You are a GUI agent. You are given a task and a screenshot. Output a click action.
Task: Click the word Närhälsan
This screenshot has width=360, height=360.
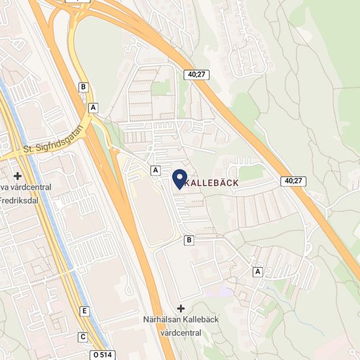(164, 320)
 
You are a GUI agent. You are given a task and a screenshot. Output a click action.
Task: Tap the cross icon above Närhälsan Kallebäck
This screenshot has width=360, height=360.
(181, 308)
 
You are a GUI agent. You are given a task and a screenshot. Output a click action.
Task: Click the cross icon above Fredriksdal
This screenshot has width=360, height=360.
(17, 176)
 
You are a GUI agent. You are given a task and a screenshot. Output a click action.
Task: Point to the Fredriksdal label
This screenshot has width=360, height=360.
(20, 200)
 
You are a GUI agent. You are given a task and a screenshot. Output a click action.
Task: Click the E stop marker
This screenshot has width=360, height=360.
(84, 310)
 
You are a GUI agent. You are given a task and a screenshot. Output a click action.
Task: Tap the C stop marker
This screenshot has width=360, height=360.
(82, 337)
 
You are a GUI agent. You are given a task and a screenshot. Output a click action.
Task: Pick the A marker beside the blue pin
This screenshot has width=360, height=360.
(155, 170)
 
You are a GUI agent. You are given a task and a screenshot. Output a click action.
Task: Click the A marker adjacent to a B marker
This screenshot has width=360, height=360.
(94, 107)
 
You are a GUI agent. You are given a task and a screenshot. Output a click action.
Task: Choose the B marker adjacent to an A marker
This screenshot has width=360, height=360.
(83, 86)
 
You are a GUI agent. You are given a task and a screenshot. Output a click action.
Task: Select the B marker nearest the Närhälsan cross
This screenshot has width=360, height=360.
(189, 240)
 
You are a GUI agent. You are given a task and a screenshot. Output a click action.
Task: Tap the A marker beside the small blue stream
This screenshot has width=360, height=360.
(258, 271)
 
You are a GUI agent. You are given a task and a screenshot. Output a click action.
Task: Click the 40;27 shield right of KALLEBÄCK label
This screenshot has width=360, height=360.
(295, 181)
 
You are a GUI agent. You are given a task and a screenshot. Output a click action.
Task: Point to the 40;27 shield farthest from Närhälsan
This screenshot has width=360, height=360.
(195, 75)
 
